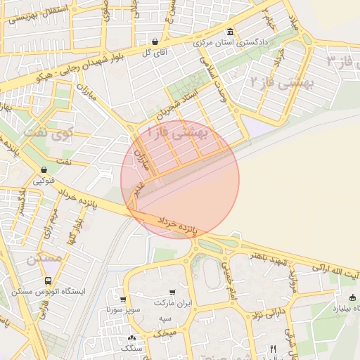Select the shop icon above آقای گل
coord(154,41)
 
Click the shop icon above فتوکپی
coord(44,169)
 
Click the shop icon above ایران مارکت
coord(172,292)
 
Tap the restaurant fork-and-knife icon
coord(273,349)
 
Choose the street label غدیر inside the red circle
coord(139,186)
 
